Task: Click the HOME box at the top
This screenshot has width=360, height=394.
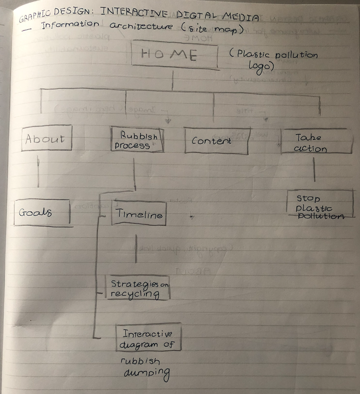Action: pos(174,55)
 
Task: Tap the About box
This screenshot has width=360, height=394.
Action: pos(46,138)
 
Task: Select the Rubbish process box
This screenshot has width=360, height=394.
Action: pos(137,140)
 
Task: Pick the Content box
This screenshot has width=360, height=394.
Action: pos(216,141)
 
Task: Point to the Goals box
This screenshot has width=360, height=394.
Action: pos(42,212)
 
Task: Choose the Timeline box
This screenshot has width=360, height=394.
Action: pos(139,214)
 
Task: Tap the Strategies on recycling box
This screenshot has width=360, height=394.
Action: pos(137,289)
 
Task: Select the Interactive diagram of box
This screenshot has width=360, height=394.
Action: pos(148,338)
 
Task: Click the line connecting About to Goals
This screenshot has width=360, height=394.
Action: pos(38,174)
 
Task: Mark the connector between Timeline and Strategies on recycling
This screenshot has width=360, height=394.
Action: pos(136,248)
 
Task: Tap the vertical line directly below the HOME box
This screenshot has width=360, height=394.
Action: pos(173,79)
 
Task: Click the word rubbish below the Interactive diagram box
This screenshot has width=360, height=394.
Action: pos(140,361)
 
